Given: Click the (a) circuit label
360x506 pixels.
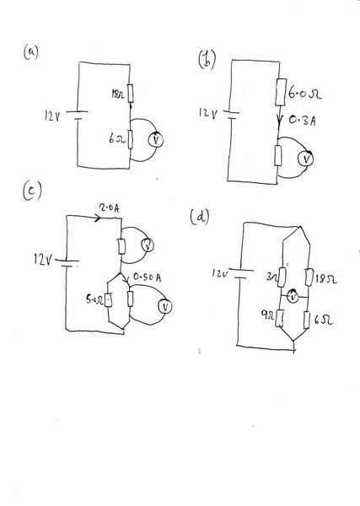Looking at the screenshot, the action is [x=30, y=52].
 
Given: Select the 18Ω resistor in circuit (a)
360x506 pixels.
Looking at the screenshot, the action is [x=130, y=93].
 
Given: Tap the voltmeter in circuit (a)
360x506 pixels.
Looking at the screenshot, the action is [x=156, y=139].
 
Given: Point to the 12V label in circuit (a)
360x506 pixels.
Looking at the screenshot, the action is [x=52, y=116].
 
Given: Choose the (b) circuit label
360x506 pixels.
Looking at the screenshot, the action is [x=207, y=60].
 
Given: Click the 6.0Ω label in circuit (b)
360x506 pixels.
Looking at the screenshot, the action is [x=305, y=94].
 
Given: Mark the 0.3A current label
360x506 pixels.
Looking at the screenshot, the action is [x=302, y=121].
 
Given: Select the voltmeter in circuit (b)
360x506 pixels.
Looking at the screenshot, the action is [x=305, y=159].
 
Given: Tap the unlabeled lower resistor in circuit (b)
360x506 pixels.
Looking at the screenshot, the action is [x=278, y=155].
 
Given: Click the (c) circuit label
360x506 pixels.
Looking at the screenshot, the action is [x=32, y=191].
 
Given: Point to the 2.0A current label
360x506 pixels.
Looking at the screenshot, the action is [x=110, y=208].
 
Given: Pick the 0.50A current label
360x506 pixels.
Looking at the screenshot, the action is [x=147, y=277].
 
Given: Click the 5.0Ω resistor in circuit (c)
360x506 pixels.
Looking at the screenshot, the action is [x=109, y=299].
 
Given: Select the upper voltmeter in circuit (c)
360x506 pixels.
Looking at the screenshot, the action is [x=148, y=245].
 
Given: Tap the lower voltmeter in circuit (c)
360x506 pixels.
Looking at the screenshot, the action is [x=165, y=307].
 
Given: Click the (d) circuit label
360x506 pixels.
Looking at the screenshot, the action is [x=200, y=217].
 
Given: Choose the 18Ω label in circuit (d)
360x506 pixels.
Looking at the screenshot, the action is [x=326, y=278].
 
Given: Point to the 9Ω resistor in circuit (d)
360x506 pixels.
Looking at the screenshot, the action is [x=280, y=318].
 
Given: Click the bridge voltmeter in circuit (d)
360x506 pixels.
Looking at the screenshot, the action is [x=293, y=297].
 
